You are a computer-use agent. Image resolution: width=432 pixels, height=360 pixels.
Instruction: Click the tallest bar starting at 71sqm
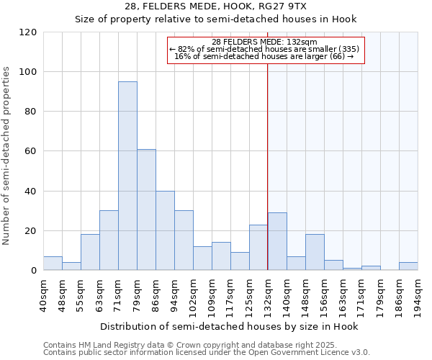click(x=127, y=176)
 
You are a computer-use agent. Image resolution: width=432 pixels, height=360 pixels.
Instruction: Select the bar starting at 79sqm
click(x=146, y=210)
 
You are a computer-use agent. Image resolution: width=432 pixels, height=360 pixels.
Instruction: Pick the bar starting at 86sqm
click(x=165, y=230)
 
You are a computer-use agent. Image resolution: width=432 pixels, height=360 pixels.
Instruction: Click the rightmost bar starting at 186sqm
click(x=408, y=266)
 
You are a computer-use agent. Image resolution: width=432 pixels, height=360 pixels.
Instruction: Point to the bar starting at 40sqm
click(x=53, y=264)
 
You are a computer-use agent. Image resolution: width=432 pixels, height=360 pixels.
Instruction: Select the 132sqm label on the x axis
click(x=268, y=294)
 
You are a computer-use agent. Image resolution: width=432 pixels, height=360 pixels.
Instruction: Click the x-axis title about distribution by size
click(x=228, y=326)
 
